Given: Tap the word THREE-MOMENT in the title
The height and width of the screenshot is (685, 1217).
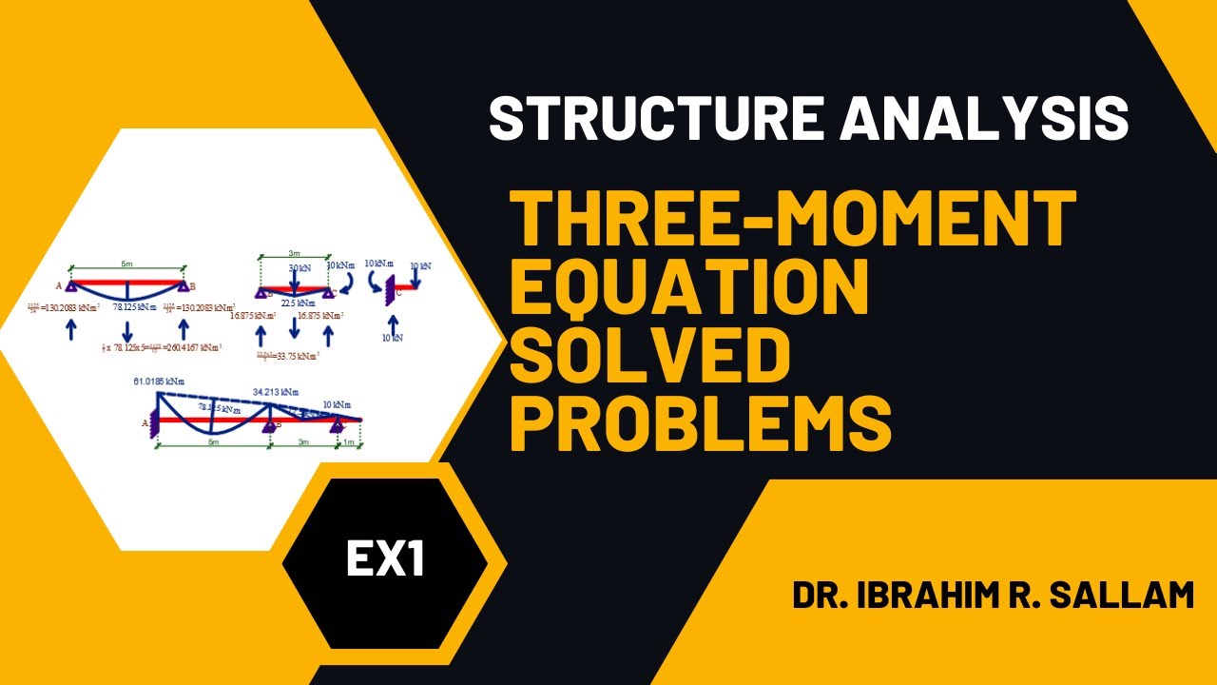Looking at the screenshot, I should coord(794,219).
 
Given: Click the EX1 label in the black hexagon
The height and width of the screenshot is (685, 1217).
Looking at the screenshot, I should coord(385,559).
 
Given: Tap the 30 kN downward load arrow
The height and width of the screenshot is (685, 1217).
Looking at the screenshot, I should coord(295,276).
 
